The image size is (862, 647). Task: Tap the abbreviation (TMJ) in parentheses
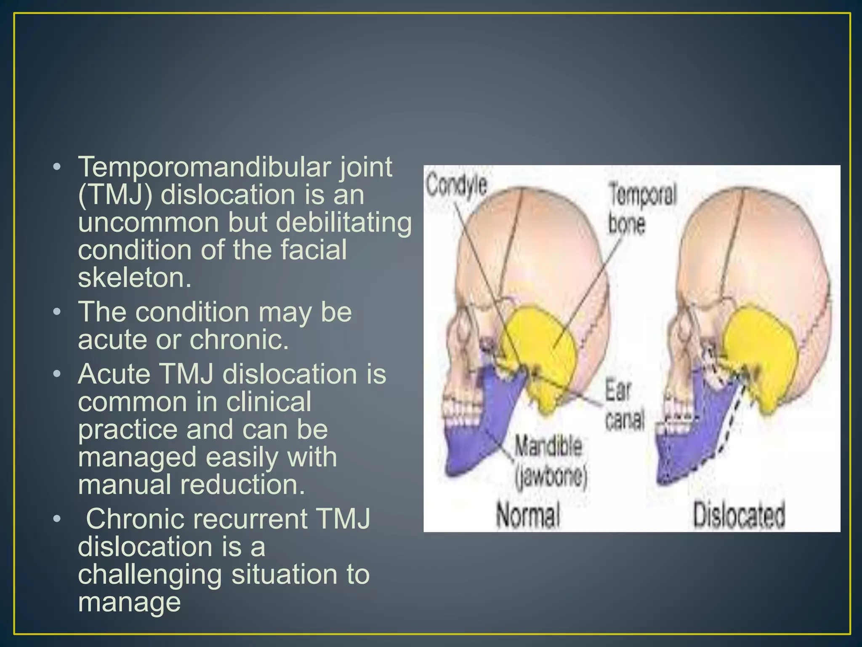(114, 195)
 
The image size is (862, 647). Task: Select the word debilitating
(343, 223)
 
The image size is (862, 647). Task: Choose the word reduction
(242, 484)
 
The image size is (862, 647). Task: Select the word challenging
(150, 575)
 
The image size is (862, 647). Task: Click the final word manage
(129, 602)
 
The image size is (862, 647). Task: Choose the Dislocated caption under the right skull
(739, 515)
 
